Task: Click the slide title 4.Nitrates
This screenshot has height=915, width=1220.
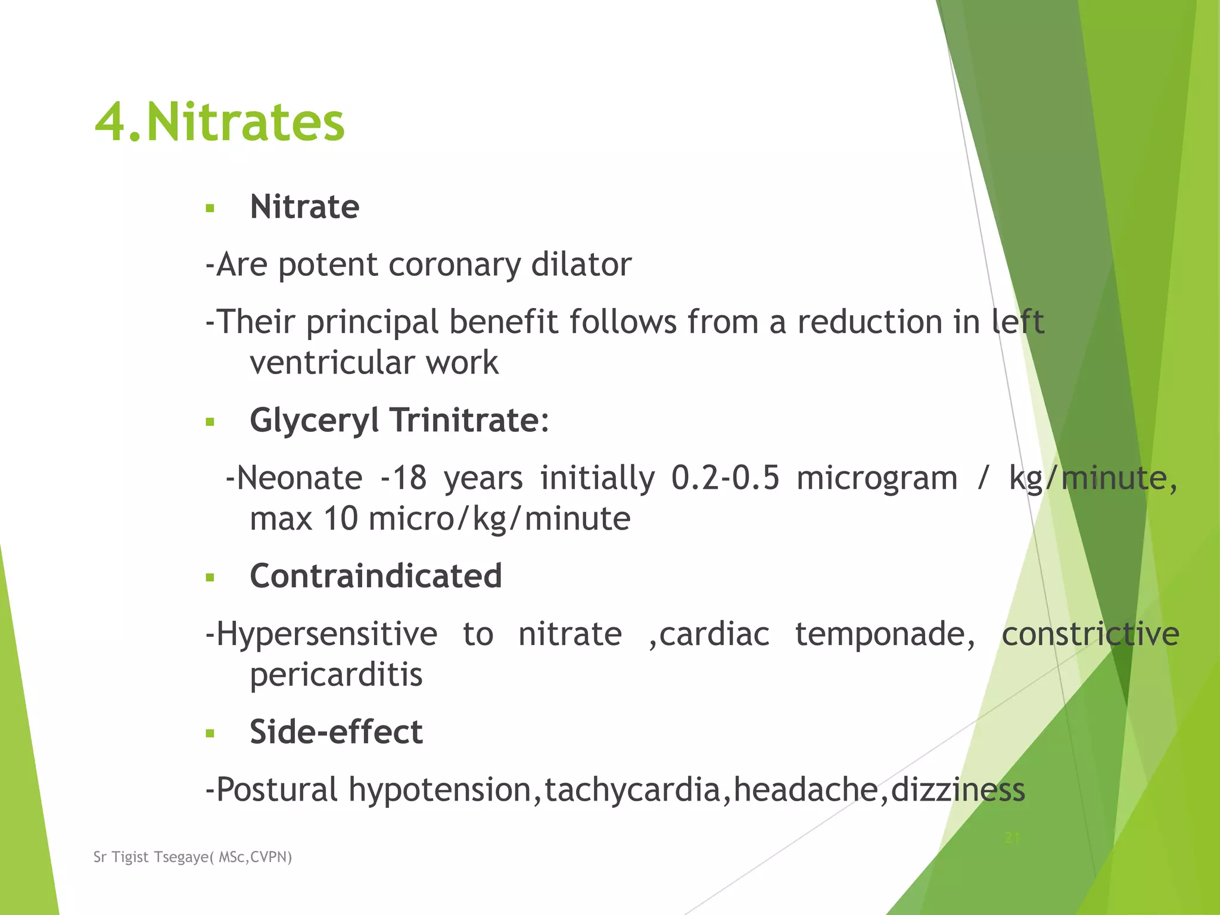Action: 220,122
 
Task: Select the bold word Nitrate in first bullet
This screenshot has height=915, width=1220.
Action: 304,207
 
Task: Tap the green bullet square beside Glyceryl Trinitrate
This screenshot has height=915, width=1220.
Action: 209,422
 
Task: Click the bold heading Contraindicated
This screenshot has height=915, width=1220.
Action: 375,576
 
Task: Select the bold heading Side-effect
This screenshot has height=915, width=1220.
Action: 336,732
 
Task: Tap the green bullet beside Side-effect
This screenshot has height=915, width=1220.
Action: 209,733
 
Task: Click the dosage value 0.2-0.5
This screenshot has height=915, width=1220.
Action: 725,478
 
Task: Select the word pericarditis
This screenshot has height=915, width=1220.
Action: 336,675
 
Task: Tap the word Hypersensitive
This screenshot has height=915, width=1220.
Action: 321,634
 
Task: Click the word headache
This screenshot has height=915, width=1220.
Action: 806,790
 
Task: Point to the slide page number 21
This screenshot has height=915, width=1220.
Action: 1012,838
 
